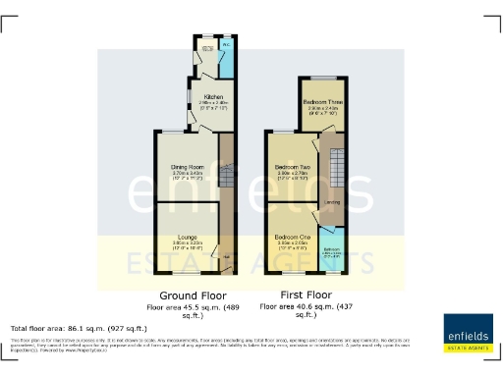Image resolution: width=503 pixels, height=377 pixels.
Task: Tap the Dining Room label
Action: point(185,168)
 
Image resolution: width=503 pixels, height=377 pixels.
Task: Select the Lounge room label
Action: point(187,237)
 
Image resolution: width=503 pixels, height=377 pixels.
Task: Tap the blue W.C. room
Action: point(226,46)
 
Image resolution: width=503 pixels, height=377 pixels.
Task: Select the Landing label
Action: point(333,201)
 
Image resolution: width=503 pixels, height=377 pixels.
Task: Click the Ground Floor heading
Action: point(193,295)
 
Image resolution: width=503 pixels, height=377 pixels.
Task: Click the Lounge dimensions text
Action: point(187,244)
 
